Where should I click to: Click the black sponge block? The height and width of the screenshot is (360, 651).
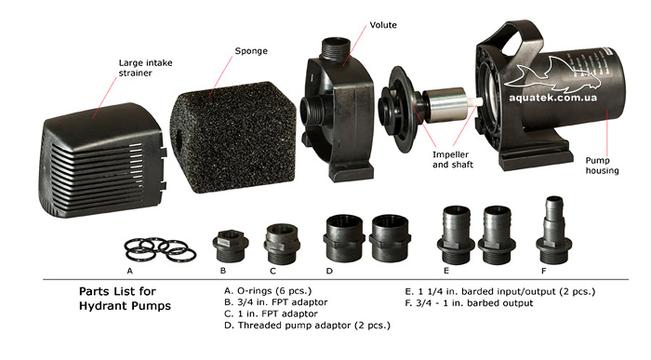pos(233,137)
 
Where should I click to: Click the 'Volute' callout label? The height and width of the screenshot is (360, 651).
pos(383,25)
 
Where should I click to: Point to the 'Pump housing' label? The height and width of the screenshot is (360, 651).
pos(602,166)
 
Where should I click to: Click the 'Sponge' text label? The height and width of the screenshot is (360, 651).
pos(251,51)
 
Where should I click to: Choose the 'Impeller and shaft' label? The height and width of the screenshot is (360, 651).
pos(453,159)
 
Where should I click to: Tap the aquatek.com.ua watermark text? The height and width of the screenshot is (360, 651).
pos(553,98)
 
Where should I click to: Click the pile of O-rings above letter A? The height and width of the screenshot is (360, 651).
pos(160,249)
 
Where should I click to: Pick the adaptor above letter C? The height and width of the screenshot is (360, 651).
pos(282,244)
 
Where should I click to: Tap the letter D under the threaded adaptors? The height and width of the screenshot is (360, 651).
pos(329,271)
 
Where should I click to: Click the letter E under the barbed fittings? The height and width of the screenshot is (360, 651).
pos(446,271)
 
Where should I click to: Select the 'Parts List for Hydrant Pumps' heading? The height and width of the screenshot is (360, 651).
pos(125,299)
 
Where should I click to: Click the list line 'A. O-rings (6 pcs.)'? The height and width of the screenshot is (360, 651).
pos(268,290)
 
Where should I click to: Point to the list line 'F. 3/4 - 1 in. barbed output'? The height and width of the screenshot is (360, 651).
pos(469,303)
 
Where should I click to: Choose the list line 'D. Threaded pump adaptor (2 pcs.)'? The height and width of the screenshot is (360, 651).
pos(307,326)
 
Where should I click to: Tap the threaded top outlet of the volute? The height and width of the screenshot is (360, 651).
pos(336,47)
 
